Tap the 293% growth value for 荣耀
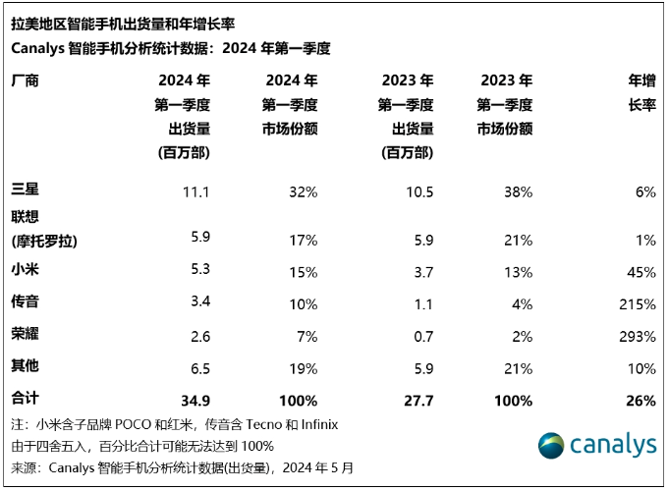pyautogui.click(x=639, y=337)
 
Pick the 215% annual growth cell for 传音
pyautogui.click(x=639, y=301)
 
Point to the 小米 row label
pyautogui.click(x=25, y=267)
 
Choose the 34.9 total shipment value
pyautogui.click(x=195, y=401)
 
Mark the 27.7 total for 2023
pyautogui.click(x=417, y=401)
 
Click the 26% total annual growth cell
pyautogui.click(x=640, y=401)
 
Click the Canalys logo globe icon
pyautogui.click(x=551, y=444)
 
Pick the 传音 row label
pyautogui.click(x=25, y=301)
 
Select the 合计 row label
pyautogui.click(x=25, y=401)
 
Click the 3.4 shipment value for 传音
pyautogui.click(x=199, y=301)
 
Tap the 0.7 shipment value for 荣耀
pyautogui.click(x=422, y=337)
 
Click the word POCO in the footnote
pyautogui.click(x=146, y=425)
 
